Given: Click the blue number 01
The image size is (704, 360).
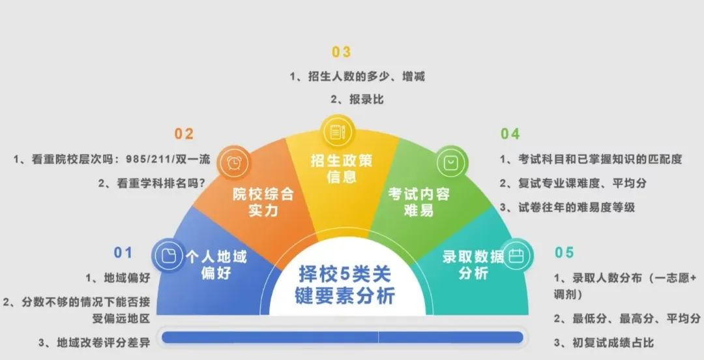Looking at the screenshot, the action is click(x=123, y=252).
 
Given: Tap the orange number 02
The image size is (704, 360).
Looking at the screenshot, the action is click(x=184, y=134).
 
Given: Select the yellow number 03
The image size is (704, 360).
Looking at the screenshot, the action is click(x=341, y=52).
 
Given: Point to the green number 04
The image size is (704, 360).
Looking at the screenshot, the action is click(x=510, y=134).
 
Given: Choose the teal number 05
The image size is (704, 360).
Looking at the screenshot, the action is click(x=565, y=252).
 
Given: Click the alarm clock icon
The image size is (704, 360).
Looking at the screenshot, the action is click(x=233, y=162).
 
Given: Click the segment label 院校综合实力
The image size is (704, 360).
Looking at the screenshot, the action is click(x=263, y=202).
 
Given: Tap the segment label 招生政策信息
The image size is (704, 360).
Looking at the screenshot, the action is click(x=342, y=168).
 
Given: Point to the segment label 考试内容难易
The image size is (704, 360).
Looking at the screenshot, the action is click(x=418, y=202).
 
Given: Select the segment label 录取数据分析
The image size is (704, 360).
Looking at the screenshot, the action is click(x=473, y=265).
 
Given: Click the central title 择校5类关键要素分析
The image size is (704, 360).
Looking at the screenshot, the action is click(x=345, y=285).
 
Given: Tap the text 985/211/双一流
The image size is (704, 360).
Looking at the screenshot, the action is click(x=168, y=159).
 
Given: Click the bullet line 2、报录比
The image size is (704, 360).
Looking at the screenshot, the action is click(x=357, y=99).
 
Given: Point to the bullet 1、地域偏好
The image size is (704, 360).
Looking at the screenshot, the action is click(x=117, y=278).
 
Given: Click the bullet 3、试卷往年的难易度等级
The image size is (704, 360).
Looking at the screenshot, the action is click(x=568, y=207).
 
